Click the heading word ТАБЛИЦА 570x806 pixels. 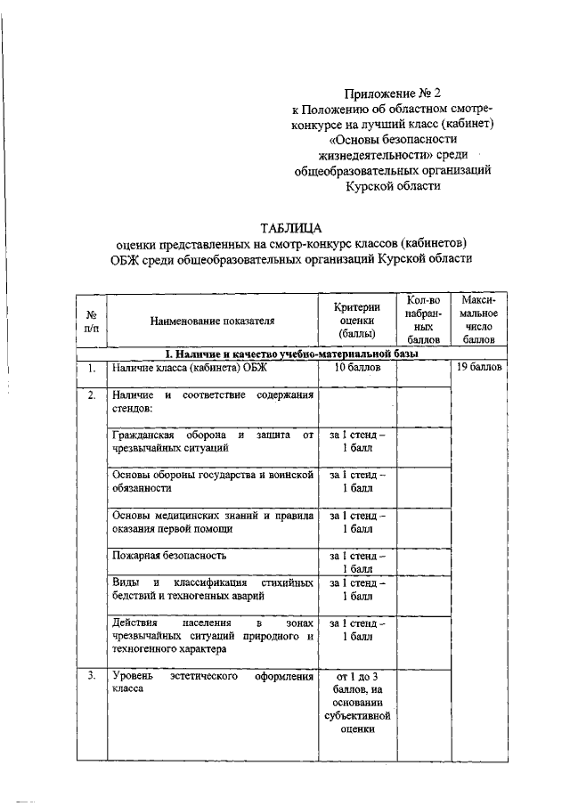(291, 226)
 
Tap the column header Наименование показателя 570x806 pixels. (212, 322)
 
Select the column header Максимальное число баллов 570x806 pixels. (479, 320)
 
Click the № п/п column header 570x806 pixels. (91, 322)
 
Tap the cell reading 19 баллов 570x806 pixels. (479, 368)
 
